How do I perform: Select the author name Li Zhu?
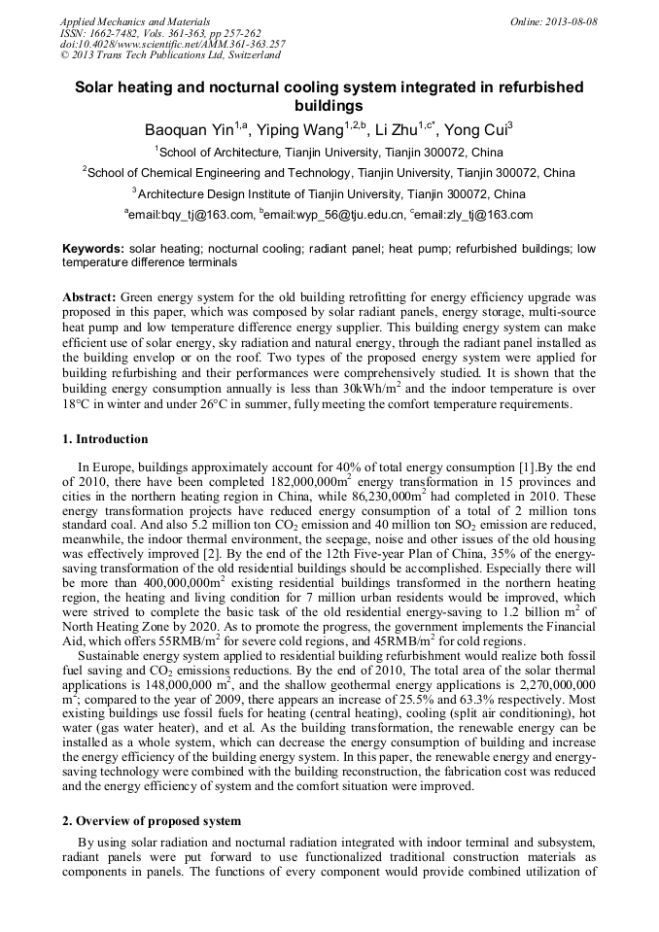click(401, 130)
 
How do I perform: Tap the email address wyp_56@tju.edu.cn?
click(333, 216)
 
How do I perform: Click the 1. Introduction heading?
click(105, 438)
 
